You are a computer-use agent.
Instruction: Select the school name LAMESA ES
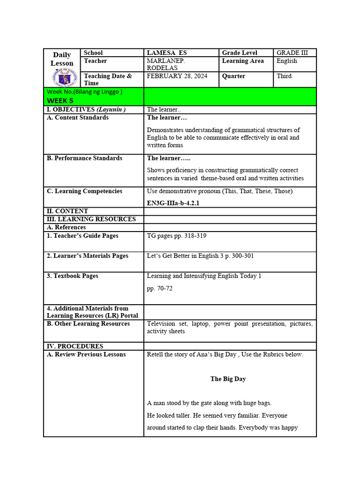(x=167, y=53)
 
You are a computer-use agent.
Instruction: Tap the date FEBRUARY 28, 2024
(x=177, y=76)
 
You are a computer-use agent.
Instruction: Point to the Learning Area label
(x=242, y=61)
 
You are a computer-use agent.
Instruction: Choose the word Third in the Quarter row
(x=284, y=76)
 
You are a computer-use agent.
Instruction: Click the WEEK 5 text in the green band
(x=60, y=101)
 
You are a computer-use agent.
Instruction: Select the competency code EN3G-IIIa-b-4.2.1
(x=176, y=203)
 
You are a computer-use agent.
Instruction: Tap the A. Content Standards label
(x=77, y=118)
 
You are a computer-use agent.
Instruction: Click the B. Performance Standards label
(x=84, y=158)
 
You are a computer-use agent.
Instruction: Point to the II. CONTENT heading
(x=67, y=211)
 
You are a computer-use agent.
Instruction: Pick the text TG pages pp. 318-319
(x=176, y=236)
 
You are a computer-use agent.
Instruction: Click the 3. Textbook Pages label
(x=72, y=276)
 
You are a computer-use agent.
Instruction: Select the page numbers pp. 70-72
(x=159, y=288)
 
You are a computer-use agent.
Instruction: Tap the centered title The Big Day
(x=228, y=379)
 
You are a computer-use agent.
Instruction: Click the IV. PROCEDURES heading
(x=75, y=346)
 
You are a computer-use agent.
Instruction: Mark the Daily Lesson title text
(x=62, y=59)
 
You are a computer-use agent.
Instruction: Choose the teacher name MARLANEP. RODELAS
(x=166, y=64)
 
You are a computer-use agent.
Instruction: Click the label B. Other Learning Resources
(x=88, y=324)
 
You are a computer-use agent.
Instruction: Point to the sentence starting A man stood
(x=209, y=403)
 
